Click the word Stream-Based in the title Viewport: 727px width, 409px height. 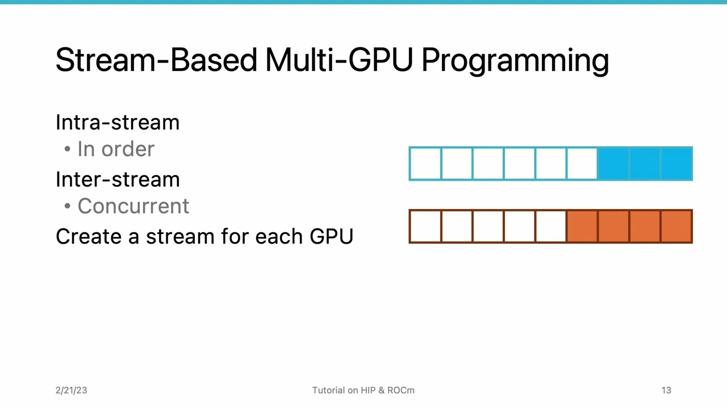156,60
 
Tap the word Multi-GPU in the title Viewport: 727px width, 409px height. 339,60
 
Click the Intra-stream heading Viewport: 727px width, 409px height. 118,122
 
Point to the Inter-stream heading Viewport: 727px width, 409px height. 118,180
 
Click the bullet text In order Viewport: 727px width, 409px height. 116,149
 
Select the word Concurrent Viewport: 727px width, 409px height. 133,206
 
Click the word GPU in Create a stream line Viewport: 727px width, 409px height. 331,236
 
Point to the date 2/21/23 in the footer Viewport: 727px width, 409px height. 72,390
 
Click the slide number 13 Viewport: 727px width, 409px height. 666,390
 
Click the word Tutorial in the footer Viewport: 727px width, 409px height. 328,390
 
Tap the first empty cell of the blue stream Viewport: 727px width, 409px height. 425,164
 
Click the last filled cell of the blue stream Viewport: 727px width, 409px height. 676,164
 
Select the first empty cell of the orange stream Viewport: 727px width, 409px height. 425,226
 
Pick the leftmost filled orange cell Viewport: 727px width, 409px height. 582,226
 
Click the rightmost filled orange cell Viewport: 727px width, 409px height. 676,226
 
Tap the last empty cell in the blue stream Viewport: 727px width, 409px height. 582,164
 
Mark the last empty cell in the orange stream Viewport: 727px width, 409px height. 551,226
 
